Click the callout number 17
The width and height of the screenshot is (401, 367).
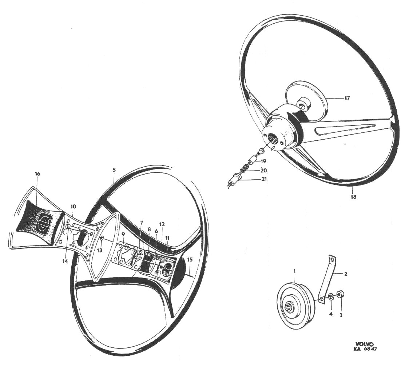(347, 98)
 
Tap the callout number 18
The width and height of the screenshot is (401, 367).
(354, 197)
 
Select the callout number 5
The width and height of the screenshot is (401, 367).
(114, 169)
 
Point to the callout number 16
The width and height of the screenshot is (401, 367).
(37, 174)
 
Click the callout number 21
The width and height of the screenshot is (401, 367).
(264, 179)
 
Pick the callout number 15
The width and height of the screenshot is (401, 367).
(190, 260)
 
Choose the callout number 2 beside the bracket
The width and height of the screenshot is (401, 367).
(345, 274)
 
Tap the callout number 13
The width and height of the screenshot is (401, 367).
(99, 251)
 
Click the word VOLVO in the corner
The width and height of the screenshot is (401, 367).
(364, 344)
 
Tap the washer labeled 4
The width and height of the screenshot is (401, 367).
(331, 296)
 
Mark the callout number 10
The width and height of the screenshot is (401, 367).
(74, 206)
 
